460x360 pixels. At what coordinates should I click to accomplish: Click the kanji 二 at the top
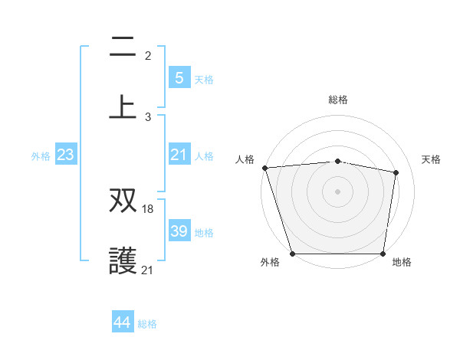coord(123,47)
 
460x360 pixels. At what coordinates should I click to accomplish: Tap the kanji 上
coord(123,106)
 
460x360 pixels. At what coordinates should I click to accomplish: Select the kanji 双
coord(123,201)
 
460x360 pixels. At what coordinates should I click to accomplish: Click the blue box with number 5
coord(179,77)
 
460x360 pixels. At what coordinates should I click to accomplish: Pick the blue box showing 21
coord(179,155)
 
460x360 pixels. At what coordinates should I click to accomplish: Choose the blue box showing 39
coord(179,231)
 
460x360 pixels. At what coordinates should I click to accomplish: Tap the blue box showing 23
coord(65,155)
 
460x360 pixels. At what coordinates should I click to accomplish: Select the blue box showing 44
coord(123,322)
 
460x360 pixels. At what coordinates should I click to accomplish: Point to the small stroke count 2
coord(147,56)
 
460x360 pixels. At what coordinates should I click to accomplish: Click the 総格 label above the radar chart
coord(338,100)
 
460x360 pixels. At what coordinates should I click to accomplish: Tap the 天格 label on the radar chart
coord(432,159)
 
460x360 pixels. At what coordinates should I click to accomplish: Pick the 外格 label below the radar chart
coord(270,262)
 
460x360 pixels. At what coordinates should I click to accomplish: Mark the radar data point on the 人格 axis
coord(264,167)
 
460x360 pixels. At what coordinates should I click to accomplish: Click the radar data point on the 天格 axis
coord(396,172)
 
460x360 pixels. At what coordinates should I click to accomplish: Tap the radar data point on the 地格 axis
coord(383,253)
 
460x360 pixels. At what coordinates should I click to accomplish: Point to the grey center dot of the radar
coord(338,191)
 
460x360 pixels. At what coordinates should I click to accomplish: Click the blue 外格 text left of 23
coord(41,155)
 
